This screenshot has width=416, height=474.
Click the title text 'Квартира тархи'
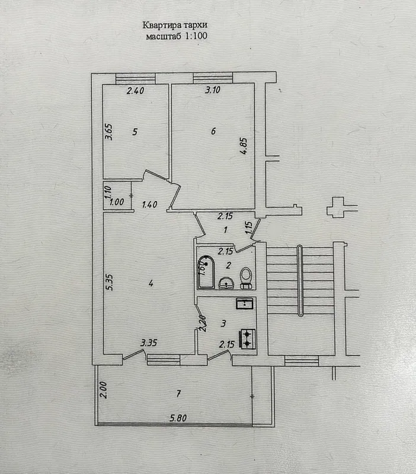click(x=175, y=25)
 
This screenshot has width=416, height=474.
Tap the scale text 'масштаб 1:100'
click(x=177, y=37)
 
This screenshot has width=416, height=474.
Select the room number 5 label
click(x=135, y=132)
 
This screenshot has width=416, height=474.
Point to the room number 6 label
click(x=213, y=131)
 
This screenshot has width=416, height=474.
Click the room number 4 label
click(x=151, y=283)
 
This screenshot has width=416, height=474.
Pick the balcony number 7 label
click(x=179, y=393)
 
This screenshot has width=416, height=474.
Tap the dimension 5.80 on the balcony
click(x=178, y=418)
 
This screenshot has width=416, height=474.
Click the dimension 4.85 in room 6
click(x=244, y=146)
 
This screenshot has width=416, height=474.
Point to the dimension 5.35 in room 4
click(x=109, y=282)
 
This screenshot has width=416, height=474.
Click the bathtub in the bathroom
click(x=206, y=271)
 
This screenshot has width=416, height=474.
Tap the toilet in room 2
click(x=246, y=277)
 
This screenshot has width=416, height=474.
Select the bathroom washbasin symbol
click(x=226, y=283)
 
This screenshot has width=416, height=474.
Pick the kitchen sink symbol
click(x=245, y=303)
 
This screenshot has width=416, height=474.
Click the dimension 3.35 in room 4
click(x=149, y=343)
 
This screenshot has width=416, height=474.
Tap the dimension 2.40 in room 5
click(x=135, y=91)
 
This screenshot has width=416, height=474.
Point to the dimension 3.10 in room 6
click(x=213, y=90)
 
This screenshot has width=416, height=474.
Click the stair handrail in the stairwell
click(x=300, y=281)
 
